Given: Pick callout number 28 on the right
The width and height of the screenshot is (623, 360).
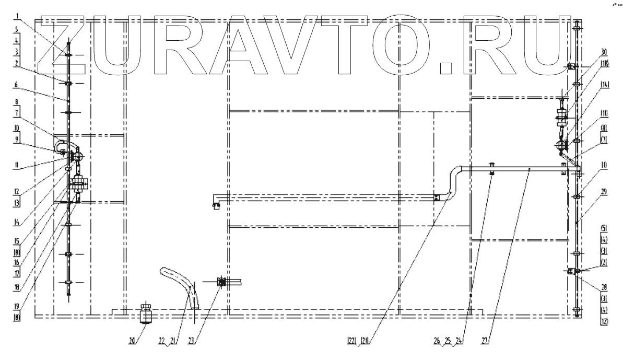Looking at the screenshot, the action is (x=604, y=287).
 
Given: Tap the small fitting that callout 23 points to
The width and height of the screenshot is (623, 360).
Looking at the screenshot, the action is (x=221, y=283).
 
